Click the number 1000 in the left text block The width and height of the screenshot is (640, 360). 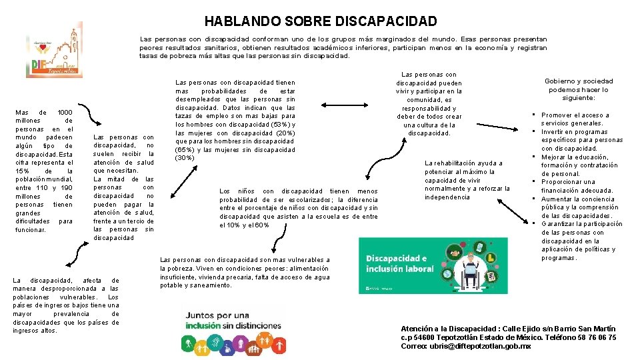(65, 112)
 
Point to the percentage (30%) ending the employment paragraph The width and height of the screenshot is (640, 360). (184, 158)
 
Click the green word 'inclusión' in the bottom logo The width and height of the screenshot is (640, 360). (203, 325)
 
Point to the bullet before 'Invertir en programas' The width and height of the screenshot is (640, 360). (535, 132)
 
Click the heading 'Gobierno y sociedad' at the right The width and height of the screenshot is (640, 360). (579, 81)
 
